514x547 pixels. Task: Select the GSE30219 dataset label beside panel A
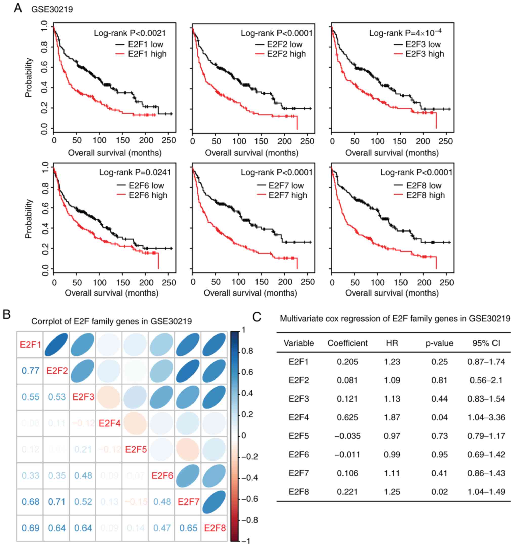(52, 9)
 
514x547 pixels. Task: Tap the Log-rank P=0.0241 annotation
(135, 173)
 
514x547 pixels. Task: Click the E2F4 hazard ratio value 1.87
(392, 417)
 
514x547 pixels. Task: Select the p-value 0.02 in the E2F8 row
(439, 491)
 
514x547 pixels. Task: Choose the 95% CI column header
(486, 343)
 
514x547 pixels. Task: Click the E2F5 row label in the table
(298, 436)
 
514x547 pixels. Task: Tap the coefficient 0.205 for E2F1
(348, 361)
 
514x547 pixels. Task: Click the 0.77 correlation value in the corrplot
(30, 371)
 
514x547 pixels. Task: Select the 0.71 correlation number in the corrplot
(57, 502)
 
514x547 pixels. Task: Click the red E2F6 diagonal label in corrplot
(162, 475)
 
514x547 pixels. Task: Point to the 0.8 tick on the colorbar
(247, 351)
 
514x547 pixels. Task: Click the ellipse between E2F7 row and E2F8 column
(214, 502)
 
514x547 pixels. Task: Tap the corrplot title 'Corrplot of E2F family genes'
(112, 321)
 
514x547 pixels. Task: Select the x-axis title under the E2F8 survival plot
(392, 293)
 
